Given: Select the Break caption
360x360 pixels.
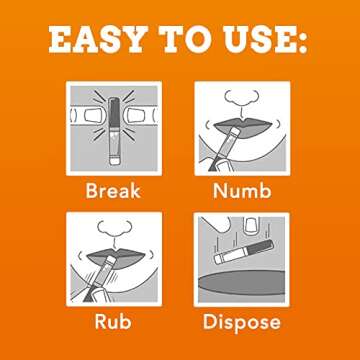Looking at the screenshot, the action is pos(113,191).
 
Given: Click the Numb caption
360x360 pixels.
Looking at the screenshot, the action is pos(242,191).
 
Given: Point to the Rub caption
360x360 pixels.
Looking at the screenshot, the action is pos(113,321).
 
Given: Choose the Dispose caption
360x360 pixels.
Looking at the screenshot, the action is pos(242,323).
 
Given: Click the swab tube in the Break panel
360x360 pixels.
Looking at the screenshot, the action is pos(114,131).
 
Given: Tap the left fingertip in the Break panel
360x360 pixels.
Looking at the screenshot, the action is pos(93,116).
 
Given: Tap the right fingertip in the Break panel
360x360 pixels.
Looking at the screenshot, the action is pos(136,116).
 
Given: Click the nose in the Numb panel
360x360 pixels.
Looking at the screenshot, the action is pos(242,99).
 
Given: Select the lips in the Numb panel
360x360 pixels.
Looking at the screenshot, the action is pos(242,127).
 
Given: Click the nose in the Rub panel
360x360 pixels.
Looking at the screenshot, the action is pos(114,229).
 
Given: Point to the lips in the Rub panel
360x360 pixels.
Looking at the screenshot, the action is pos(116,258).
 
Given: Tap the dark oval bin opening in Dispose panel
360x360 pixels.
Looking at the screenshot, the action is pos(242,282).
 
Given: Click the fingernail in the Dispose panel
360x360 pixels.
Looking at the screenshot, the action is pos(250,225).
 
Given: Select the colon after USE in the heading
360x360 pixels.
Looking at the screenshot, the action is pos(302,42).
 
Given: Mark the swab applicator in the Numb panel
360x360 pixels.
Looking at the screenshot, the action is pos(224,149).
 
